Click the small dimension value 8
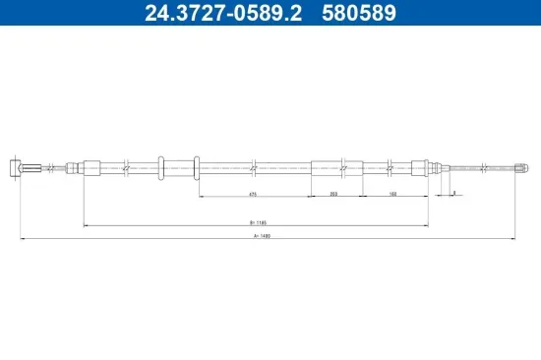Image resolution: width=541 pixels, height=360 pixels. click(453, 193)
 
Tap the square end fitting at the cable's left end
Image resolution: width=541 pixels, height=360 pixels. click(14, 168)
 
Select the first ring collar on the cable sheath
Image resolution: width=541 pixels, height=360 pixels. click(160, 168)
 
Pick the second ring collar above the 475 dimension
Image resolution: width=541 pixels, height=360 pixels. click(198, 168)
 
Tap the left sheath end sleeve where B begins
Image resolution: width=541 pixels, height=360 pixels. click(91, 168)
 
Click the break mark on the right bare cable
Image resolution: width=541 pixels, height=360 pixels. click(483, 168)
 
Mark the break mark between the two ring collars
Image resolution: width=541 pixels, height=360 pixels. click(179, 168)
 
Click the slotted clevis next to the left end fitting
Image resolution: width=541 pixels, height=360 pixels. click(33, 168)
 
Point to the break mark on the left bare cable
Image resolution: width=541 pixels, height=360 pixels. click(67, 168)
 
